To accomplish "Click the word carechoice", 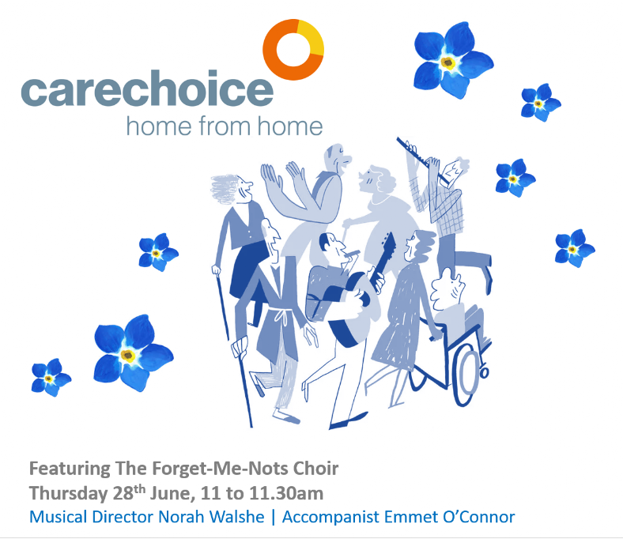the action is (147, 89).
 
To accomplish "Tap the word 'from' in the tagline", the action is (225, 126).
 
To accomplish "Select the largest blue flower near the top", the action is (452, 60).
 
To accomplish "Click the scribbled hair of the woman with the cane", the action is (225, 189).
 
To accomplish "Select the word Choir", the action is (316, 469).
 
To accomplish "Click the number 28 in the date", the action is (123, 493).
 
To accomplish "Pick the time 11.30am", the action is (286, 493).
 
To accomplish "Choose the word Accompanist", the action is (331, 517).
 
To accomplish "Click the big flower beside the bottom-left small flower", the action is (133, 352).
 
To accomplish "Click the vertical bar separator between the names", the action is (273, 518).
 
